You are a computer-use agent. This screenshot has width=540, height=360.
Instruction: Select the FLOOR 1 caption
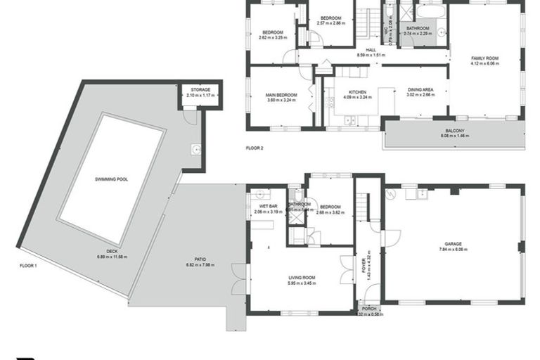[28, 265]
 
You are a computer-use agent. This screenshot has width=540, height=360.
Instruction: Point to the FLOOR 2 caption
[254, 148]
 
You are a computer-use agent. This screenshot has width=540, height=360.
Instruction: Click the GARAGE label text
[454, 244]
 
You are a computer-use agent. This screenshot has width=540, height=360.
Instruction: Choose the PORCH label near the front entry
[368, 309]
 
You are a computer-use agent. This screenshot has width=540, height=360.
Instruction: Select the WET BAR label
[266, 206]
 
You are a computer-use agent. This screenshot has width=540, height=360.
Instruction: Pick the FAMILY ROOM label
[484, 58]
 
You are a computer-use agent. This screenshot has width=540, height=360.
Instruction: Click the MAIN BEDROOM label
[281, 95]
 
